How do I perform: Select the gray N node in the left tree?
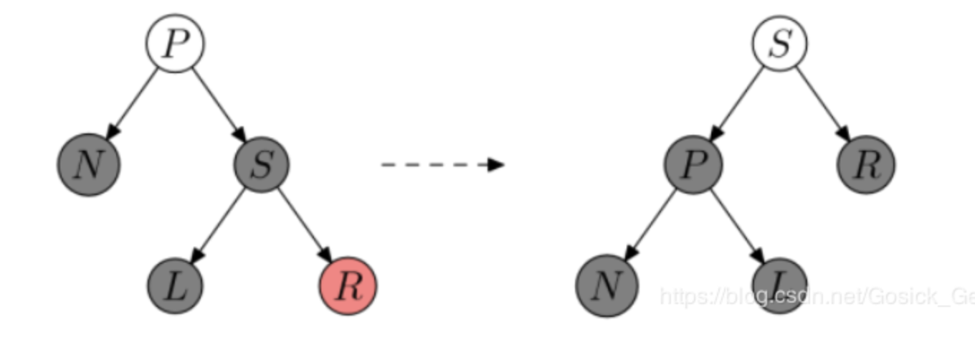tap(89, 165)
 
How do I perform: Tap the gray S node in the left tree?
tap(262, 165)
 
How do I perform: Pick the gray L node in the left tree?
tap(176, 285)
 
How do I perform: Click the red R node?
tap(347, 285)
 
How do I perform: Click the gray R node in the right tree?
tap(866, 165)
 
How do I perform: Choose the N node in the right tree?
tap(607, 285)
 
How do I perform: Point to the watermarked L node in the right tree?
tap(779, 285)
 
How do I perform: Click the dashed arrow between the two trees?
tap(442, 165)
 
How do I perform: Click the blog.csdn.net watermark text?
tap(817, 295)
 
